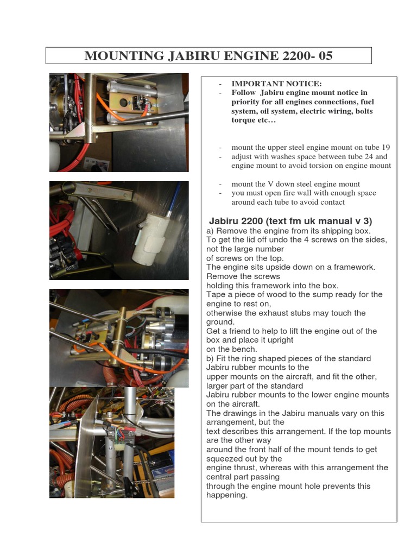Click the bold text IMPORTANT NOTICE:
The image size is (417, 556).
tap(276, 84)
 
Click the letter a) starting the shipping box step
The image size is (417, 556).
tap(210, 231)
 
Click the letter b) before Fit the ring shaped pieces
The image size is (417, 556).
tap(210, 359)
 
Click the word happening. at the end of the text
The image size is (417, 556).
tap(227, 495)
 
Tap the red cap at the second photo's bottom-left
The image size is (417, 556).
tap(78, 252)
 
